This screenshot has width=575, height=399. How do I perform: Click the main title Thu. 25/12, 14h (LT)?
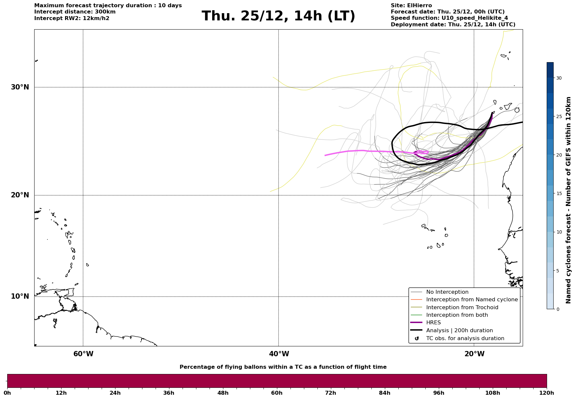(x=278, y=16)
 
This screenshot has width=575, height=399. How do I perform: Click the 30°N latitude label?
(x=20, y=87)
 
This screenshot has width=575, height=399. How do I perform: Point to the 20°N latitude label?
(x=20, y=195)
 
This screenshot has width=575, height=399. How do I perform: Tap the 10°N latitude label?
(x=20, y=296)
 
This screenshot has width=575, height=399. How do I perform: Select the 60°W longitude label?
(x=83, y=354)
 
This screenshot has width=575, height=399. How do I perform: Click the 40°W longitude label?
(x=279, y=354)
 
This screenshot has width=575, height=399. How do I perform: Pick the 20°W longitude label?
(x=474, y=354)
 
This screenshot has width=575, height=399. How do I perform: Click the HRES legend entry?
(x=433, y=323)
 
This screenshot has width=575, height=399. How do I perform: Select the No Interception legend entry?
(x=447, y=292)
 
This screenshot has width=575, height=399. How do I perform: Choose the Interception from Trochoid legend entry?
(x=462, y=308)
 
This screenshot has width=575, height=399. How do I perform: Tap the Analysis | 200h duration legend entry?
(x=459, y=331)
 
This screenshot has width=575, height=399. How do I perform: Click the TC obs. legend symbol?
(x=417, y=338)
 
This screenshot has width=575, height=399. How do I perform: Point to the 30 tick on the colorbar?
(x=559, y=78)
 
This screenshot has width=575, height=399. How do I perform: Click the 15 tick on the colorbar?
(x=559, y=193)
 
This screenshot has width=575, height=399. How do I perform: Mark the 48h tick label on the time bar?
(x=223, y=393)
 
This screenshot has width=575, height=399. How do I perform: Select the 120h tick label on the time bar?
(x=547, y=393)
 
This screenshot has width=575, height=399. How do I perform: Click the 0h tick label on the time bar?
(x=7, y=393)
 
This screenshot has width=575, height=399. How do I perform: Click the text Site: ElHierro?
(x=411, y=6)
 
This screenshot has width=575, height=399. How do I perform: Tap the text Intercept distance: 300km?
(x=75, y=12)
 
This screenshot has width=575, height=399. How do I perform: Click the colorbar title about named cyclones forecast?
(x=568, y=200)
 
